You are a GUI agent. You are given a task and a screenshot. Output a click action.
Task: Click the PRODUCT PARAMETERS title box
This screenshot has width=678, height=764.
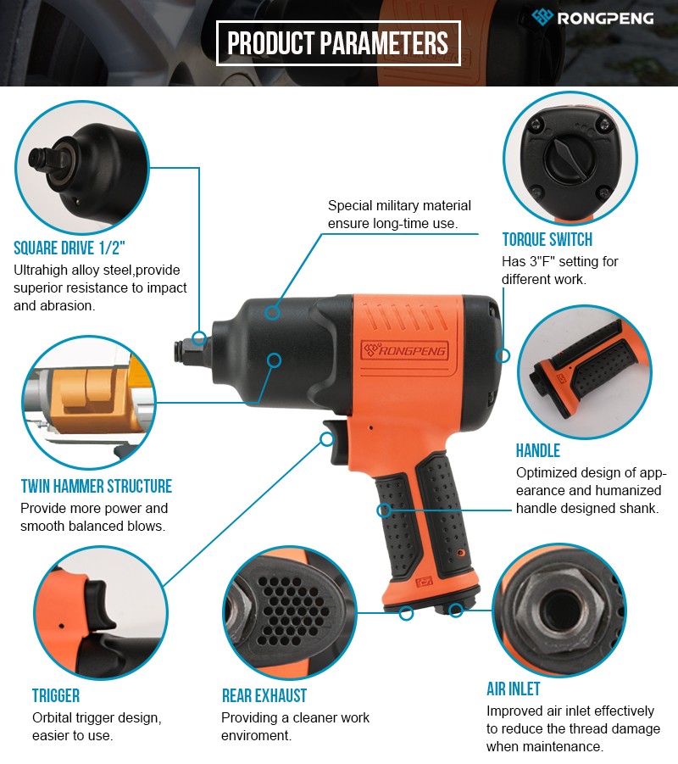click(x=338, y=43)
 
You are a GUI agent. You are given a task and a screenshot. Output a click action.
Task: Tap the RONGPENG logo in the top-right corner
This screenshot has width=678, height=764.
click(x=592, y=18)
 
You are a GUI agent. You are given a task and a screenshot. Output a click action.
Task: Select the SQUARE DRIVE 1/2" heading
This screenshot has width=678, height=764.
click(x=69, y=248)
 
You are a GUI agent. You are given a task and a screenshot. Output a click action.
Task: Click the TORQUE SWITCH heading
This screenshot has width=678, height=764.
click(x=547, y=240)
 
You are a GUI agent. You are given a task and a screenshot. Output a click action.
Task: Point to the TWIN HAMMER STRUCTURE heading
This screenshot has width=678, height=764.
click(x=97, y=486)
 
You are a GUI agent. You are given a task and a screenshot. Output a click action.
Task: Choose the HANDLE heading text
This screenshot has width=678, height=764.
click(x=538, y=451)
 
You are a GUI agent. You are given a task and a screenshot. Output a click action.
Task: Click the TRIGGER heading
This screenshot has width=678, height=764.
click(x=56, y=696)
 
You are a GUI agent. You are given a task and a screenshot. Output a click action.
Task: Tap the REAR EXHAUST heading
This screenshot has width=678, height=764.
click(x=264, y=696)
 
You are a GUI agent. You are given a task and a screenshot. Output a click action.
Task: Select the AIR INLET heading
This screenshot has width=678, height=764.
click(x=514, y=689)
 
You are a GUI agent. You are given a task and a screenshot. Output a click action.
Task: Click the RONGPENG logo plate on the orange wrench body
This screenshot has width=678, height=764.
click(x=403, y=350)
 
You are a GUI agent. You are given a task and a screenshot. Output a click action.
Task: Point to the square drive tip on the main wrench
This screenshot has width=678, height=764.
click(x=184, y=352)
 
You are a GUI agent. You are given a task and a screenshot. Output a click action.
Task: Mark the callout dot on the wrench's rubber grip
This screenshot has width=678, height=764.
click(x=384, y=510)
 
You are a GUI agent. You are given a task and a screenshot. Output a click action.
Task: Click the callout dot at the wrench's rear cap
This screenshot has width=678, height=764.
click(x=503, y=355)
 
